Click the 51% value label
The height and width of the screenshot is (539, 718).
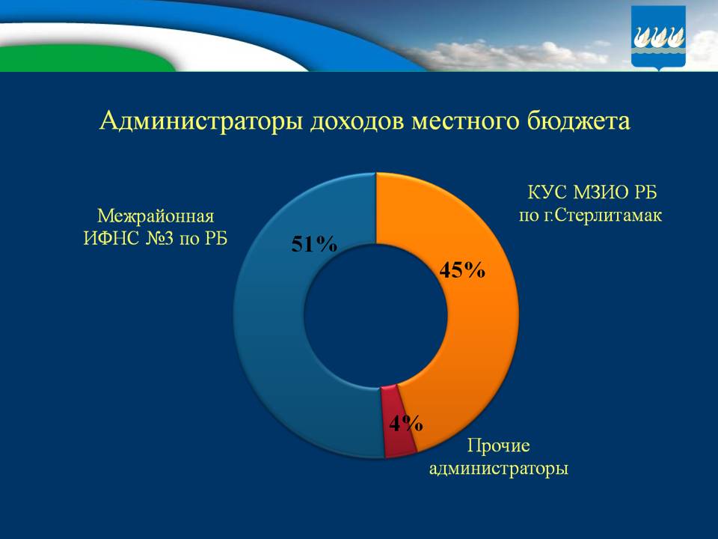click(x=314, y=245)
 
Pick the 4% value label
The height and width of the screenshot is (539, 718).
click(x=405, y=423)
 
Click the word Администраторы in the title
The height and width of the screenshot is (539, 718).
click(x=200, y=122)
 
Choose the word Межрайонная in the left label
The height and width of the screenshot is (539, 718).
click(x=156, y=216)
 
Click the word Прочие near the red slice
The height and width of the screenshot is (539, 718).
click(x=498, y=446)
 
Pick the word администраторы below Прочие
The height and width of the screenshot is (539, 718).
click(x=498, y=469)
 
